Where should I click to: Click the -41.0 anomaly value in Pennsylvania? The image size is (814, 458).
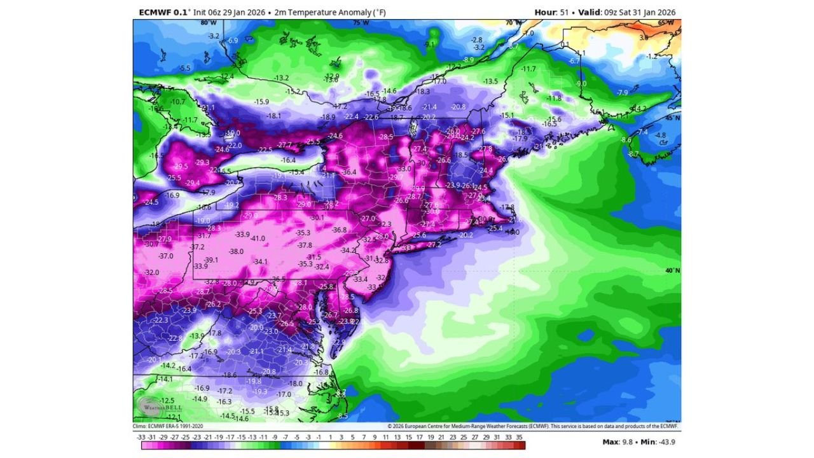pos(258,239)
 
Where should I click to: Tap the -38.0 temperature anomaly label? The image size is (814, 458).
pos(237,251)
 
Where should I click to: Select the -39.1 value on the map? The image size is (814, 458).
pos(211,260)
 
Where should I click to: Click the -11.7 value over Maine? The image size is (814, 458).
pos(528,69)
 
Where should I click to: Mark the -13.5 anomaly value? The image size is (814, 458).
pos(490,81)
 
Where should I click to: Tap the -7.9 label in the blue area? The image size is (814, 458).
pos(623,93)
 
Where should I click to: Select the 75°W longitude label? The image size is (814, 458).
pos(361,23)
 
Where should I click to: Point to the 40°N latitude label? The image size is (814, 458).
pos(673,270)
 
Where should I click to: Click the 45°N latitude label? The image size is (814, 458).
pos(673,118)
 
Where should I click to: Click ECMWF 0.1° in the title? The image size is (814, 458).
pos(161,12)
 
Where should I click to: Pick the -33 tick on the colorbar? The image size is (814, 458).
pos(141,437)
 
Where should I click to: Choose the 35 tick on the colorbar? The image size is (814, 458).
pos(519,437)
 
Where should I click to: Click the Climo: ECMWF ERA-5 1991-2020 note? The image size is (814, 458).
pos(168,426)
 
